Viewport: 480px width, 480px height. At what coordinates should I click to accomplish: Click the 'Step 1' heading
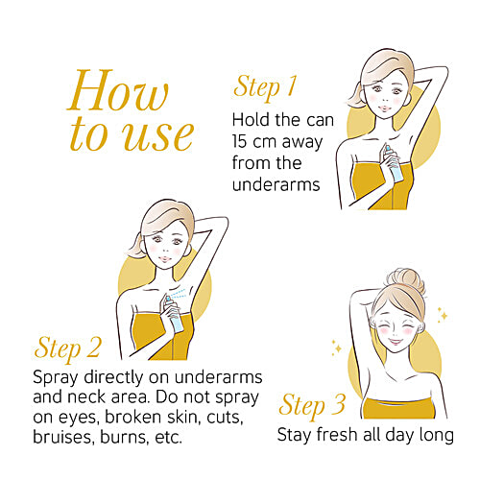[265, 87]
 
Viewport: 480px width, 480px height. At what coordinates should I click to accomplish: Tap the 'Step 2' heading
[68, 348]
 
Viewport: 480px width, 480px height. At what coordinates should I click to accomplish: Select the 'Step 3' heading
[312, 406]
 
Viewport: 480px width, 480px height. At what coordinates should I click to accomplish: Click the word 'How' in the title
[118, 90]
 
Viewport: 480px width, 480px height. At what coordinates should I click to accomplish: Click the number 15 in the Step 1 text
[239, 141]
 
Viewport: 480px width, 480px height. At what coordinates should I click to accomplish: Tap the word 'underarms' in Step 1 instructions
[276, 184]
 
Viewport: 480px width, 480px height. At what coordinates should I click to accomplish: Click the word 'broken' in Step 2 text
[134, 417]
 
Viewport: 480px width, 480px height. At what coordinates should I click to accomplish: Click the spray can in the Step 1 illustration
[393, 163]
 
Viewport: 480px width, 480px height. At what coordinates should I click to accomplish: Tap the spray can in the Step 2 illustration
[175, 314]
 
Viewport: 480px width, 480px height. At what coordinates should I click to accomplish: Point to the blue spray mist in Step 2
[179, 294]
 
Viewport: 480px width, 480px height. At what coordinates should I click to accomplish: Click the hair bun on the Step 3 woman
[406, 281]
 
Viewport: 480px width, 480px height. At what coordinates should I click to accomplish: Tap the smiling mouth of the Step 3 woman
[396, 342]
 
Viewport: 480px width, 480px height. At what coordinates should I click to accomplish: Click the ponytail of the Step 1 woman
[356, 95]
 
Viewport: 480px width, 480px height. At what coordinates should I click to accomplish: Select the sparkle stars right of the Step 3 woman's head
[443, 315]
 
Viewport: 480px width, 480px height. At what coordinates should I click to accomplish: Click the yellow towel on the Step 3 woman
[398, 408]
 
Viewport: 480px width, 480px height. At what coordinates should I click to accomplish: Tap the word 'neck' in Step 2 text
[87, 396]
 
